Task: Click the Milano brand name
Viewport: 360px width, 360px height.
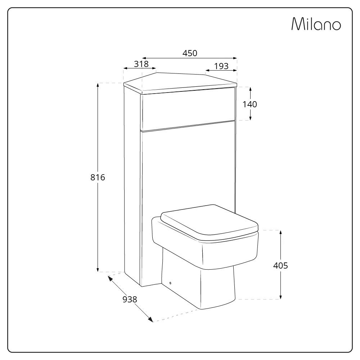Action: tap(316, 24)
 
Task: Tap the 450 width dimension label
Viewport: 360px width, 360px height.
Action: tap(190, 53)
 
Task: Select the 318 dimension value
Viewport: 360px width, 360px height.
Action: tap(141, 64)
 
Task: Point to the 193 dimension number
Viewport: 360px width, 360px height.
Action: tap(221, 66)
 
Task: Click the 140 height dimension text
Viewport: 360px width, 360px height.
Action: tap(250, 104)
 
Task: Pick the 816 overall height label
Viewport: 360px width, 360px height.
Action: tap(98, 177)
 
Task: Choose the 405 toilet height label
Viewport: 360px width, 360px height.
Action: tap(280, 266)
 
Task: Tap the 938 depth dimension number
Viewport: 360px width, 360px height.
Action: tap(130, 299)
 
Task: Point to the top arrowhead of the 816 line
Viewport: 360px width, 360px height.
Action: tap(98, 85)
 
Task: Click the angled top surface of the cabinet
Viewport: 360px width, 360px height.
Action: tap(180, 81)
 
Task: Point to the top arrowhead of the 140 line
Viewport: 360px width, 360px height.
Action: tap(250, 89)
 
